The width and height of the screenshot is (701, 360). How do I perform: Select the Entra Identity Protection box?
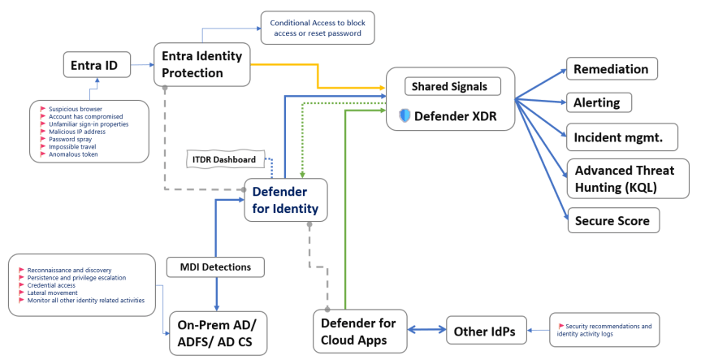(202, 63)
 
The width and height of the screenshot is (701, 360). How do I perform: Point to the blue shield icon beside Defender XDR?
(405, 116)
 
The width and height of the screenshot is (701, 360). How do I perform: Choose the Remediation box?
(611, 69)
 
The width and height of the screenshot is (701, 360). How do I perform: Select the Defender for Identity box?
(285, 200)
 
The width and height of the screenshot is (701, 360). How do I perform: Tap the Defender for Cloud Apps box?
(358, 332)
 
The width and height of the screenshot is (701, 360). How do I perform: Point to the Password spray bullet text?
(71, 139)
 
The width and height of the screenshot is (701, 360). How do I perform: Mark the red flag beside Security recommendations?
(560, 325)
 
